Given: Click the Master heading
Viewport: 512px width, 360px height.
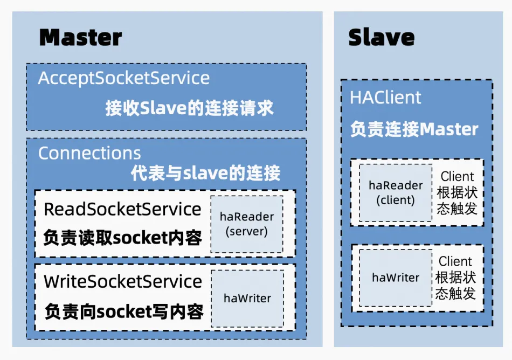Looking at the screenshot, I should pos(81,38).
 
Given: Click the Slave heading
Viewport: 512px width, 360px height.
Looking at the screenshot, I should pos(382,38).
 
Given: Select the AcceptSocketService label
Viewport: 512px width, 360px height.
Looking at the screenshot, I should pos(124,78).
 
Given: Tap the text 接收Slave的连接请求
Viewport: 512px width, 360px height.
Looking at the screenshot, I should pos(189,108).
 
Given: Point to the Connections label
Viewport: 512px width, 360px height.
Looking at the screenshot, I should pos(89,153).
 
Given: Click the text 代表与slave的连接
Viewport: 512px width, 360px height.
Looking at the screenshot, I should pos(205,174).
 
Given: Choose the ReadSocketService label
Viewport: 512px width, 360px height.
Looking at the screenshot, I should pos(122,209).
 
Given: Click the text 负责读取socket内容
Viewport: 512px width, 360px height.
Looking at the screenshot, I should pos(122,237).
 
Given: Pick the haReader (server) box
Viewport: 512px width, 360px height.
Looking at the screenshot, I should pos(247,224).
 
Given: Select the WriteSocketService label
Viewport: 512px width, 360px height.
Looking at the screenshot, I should pos(123,281).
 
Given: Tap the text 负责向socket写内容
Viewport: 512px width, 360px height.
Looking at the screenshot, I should pos(123,311).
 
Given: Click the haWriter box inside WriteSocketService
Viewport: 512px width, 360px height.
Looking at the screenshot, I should pos(247,298).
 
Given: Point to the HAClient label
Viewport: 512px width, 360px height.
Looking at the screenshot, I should pos(385,98).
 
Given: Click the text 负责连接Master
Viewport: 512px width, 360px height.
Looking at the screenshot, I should pos(414,129).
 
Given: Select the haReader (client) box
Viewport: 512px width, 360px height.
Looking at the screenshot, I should pos(396,192).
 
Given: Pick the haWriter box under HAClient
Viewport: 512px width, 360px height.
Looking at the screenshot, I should pos(396,278).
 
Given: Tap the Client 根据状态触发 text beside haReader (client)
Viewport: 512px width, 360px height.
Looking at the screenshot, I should pos(457,192).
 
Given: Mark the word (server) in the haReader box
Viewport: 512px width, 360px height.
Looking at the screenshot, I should pos(247,231).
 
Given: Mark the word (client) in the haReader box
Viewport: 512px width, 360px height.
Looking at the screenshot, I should pos(396,200).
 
